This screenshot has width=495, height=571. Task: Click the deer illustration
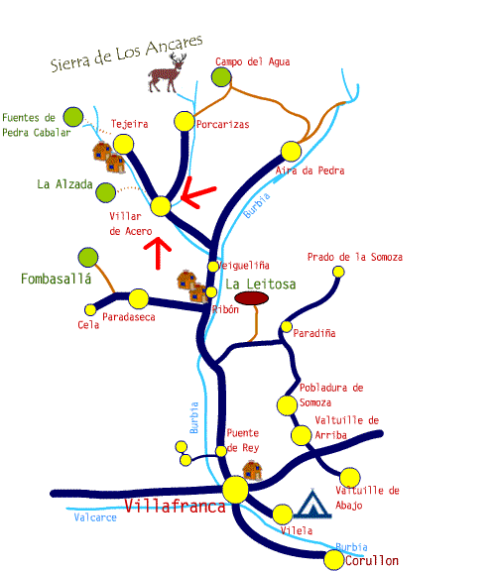(167, 72)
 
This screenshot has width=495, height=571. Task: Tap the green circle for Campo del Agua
(221, 77)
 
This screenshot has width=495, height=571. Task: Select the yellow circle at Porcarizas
(185, 121)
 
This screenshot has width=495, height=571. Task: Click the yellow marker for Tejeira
(123, 144)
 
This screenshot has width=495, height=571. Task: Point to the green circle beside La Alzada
(106, 192)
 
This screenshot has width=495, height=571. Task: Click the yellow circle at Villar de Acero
(161, 206)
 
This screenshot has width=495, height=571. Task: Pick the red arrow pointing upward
(158, 253)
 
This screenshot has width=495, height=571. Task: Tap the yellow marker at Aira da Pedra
(291, 152)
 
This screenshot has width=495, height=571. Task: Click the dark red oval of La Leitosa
(252, 298)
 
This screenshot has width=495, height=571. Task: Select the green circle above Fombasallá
(88, 257)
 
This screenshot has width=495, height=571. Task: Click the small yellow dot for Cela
(90, 310)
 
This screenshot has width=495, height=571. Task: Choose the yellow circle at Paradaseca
(139, 299)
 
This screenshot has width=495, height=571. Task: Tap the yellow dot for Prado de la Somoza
(338, 272)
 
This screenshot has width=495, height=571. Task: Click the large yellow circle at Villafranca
(235, 490)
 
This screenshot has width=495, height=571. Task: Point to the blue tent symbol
(312, 504)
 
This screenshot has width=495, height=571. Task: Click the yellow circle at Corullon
(334, 560)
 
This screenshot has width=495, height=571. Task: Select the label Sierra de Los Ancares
(126, 54)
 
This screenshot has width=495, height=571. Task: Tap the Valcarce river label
(95, 517)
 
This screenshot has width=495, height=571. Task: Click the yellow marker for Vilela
(283, 514)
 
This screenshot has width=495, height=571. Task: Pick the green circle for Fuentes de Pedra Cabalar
(72, 117)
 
